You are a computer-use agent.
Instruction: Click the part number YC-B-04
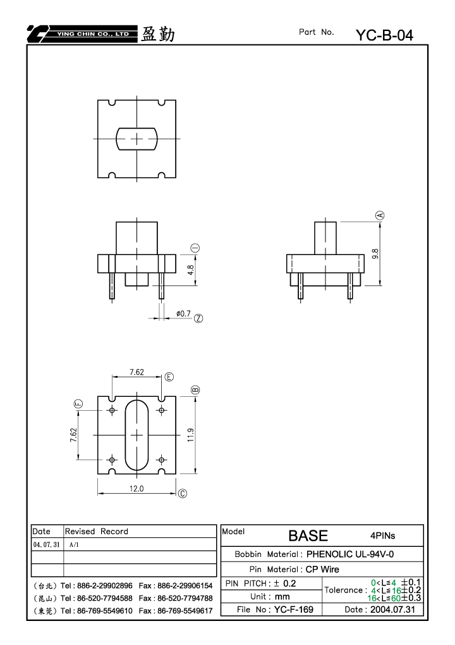384,35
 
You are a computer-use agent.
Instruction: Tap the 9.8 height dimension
375,254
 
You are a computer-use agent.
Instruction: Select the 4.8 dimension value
191,270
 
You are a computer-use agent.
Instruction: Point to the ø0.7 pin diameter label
183,314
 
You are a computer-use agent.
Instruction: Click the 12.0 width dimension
136,489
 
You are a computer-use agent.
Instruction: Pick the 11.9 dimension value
191,435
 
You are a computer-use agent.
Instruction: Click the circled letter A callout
380,215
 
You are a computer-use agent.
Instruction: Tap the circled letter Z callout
198,318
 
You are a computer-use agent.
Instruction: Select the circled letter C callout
183,493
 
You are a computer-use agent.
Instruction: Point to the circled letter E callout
169,377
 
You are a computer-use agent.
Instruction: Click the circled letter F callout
78,404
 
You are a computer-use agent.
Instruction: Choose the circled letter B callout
195,390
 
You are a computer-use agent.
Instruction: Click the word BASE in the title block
308,535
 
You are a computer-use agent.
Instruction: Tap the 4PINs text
383,535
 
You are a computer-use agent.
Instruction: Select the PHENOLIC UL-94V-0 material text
350,554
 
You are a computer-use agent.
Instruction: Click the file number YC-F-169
294,609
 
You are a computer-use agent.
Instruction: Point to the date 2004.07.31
392,609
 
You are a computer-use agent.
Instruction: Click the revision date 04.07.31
46,544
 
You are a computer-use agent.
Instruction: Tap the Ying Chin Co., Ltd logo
82,34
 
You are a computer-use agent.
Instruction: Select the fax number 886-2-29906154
185,586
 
